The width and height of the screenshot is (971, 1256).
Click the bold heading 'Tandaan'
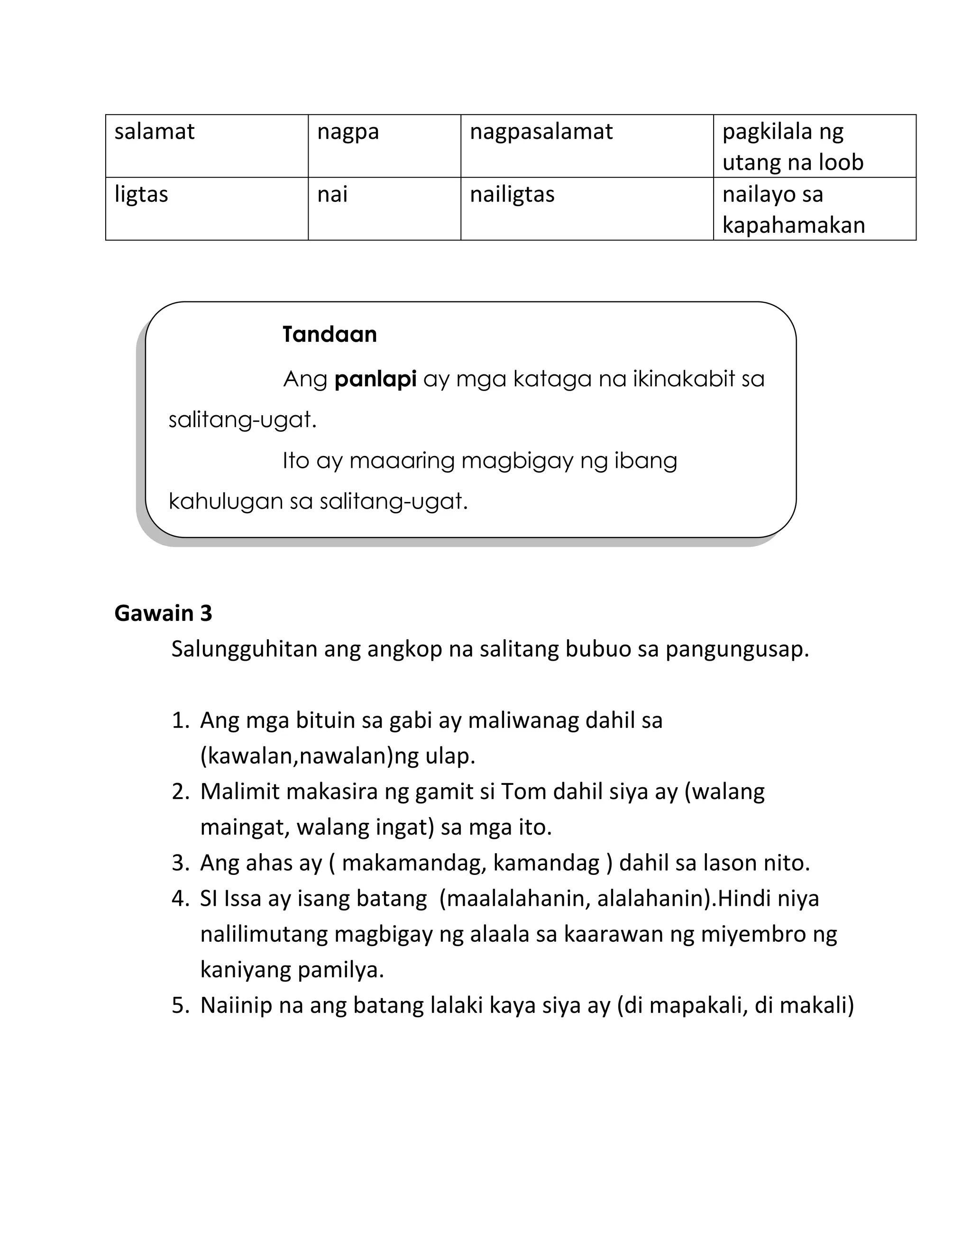tap(329, 334)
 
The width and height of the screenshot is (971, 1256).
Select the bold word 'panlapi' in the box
tap(375, 380)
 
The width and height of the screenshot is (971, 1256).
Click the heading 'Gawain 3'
tap(164, 614)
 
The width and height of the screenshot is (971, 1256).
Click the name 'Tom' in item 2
tap(523, 792)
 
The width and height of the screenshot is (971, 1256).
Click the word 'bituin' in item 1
tap(325, 720)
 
